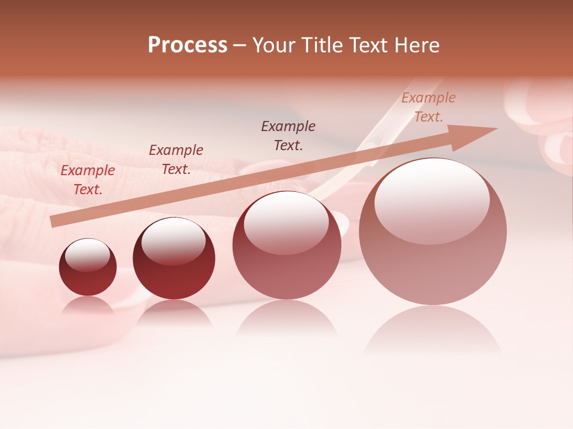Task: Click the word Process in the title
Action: [x=187, y=45]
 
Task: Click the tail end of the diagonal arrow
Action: [x=53, y=221]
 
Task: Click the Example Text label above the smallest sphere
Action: [x=88, y=180]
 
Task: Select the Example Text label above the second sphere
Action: [x=176, y=160]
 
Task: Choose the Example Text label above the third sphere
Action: [x=288, y=135]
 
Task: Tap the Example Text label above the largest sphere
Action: [x=429, y=107]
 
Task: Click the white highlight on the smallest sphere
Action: [x=87, y=255]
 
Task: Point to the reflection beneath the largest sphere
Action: [x=433, y=331]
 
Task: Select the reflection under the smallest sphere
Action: [x=88, y=306]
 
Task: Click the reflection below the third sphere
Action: [x=286, y=319]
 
